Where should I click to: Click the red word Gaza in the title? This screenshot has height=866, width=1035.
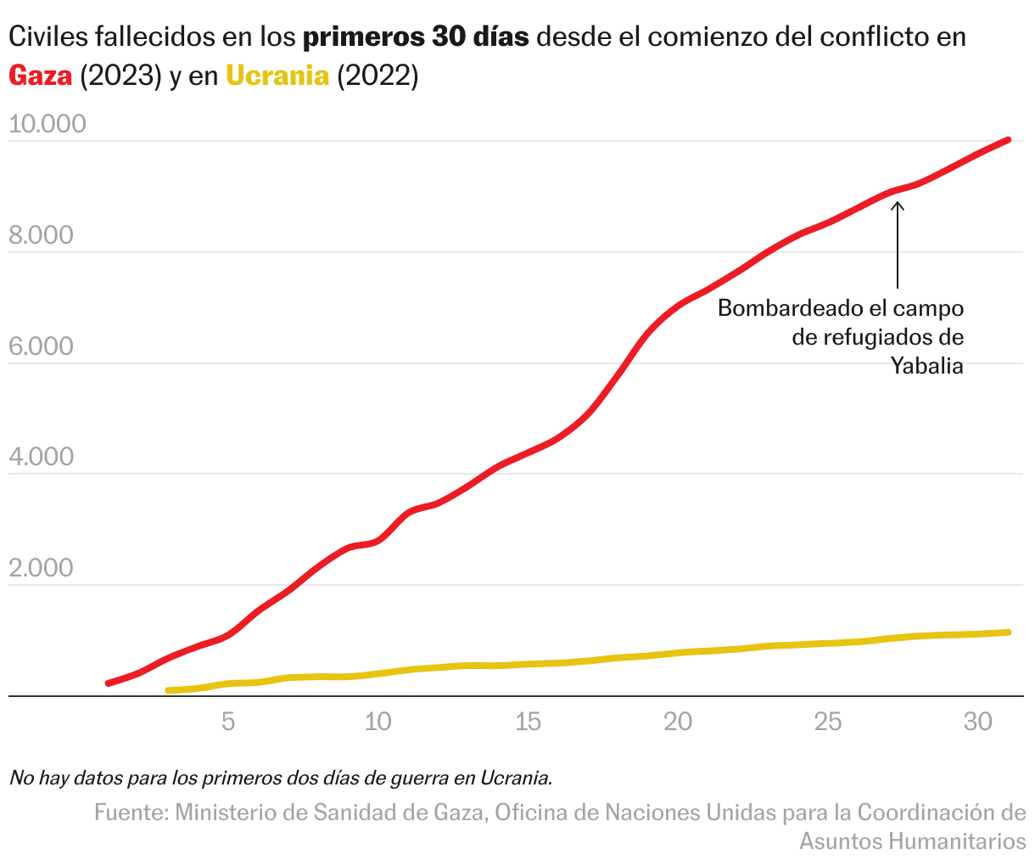coord(40,76)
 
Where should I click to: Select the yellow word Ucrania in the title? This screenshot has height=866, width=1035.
coord(277,76)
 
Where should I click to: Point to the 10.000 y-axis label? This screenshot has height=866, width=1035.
coord(48,124)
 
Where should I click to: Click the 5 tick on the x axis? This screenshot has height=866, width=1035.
coord(228,723)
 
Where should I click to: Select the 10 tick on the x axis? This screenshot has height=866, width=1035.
coord(378,723)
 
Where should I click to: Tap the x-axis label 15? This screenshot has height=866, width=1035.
coord(528,723)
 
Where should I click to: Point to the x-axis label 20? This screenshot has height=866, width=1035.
coord(678,723)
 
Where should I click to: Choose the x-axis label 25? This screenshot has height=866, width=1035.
coord(828,723)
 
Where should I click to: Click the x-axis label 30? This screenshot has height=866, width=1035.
coord(978,723)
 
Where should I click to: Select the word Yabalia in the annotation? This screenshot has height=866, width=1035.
coord(926,367)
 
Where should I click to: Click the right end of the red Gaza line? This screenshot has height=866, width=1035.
coord(1008,140)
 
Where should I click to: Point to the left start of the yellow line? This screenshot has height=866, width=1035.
coord(169,690)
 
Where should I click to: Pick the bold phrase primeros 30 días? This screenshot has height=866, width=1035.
coord(416,38)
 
